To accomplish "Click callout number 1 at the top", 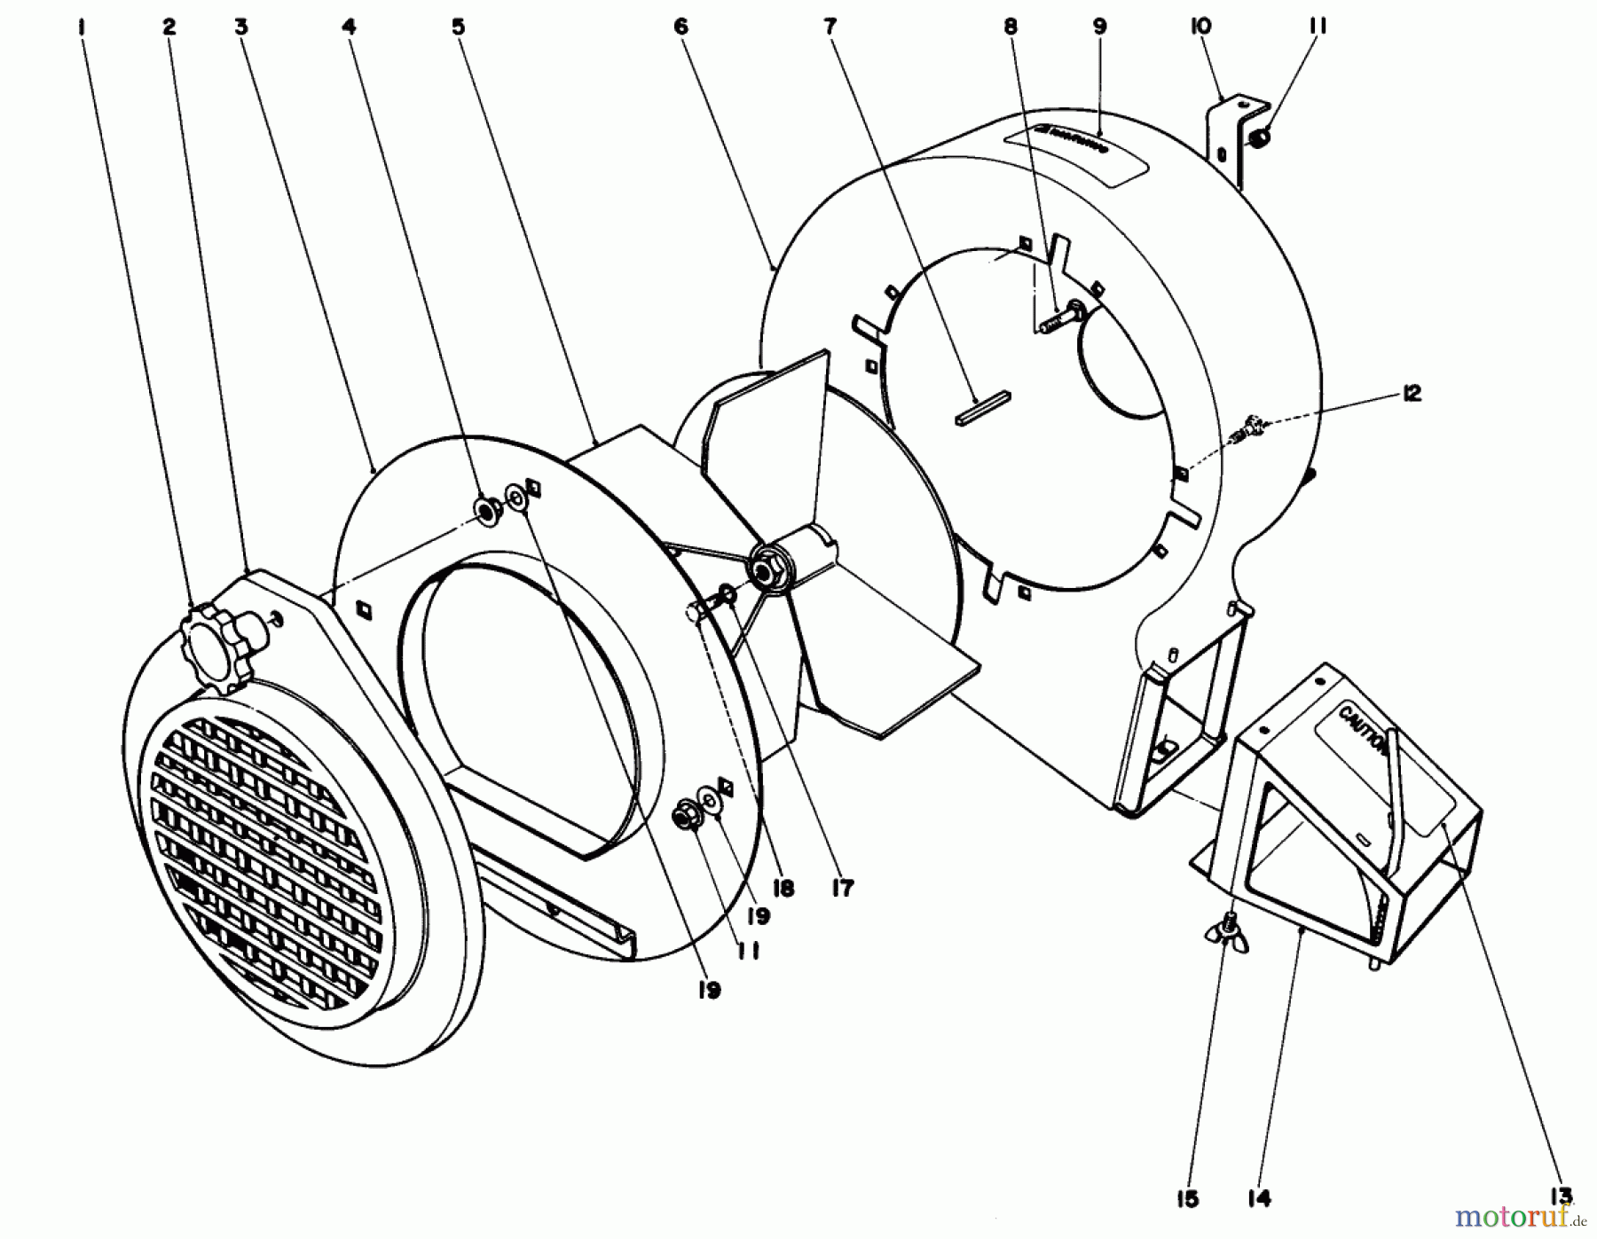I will click(x=83, y=27).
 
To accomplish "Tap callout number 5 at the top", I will click(x=458, y=27).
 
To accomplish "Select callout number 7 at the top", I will click(x=830, y=27).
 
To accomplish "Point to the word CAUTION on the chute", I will click(x=1363, y=728).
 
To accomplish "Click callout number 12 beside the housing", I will click(x=1412, y=393).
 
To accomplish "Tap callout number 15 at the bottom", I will click(x=1188, y=1199).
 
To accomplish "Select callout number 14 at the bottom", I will click(x=1259, y=1199).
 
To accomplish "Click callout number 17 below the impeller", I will click(x=842, y=887).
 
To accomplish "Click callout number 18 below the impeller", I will click(x=783, y=887).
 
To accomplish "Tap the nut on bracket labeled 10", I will click(x=1261, y=138).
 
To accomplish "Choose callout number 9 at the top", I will click(x=1100, y=27).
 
